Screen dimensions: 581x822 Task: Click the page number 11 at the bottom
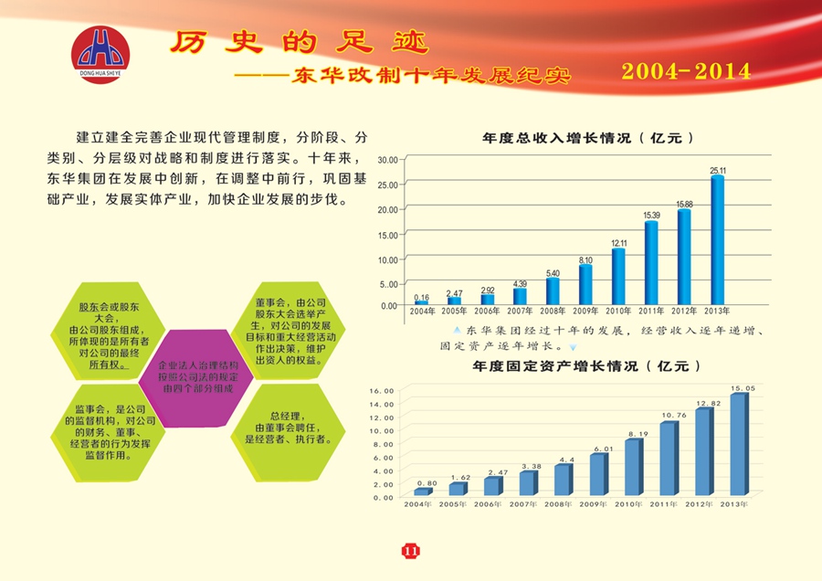point(410,550)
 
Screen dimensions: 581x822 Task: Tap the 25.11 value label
point(718,171)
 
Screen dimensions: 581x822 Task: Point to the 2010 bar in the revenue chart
point(618,275)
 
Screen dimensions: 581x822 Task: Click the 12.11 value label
point(618,243)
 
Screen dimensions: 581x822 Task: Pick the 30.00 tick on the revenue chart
point(387,160)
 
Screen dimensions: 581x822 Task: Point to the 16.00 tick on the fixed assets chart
point(382,391)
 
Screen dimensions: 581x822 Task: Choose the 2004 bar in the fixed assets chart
point(421,491)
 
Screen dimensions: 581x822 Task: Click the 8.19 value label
point(637,434)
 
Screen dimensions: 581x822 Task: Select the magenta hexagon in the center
point(198,375)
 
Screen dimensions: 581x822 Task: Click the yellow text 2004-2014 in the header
point(686,71)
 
